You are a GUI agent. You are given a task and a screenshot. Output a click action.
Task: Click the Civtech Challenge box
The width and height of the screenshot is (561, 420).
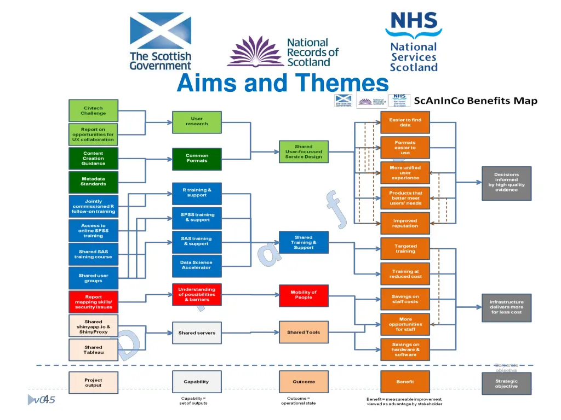tap(93, 110)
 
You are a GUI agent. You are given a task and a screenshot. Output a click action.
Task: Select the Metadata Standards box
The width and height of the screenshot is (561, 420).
tap(93, 182)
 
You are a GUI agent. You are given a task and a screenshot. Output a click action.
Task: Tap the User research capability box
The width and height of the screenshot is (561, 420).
tap(197, 121)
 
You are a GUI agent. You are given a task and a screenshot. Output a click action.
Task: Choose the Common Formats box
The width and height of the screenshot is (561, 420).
tap(197, 159)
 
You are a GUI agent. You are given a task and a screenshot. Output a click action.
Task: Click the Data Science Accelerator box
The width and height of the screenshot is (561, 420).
tap(196, 265)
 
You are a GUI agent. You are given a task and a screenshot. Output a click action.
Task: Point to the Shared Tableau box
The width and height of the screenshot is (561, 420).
tap(93, 350)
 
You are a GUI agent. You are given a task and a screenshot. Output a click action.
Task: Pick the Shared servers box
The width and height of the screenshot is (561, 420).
tap(197, 332)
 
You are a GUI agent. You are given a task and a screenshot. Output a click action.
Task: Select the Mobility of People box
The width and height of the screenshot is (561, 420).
tap(304, 295)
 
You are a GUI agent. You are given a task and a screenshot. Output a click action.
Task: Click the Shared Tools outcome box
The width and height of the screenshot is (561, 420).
tap(304, 332)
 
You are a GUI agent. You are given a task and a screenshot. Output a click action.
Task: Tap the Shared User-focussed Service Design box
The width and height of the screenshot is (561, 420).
tap(304, 151)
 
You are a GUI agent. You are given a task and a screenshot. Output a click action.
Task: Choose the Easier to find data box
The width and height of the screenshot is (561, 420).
tap(405, 122)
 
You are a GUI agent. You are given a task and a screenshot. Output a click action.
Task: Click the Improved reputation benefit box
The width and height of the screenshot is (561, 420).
tap(405, 224)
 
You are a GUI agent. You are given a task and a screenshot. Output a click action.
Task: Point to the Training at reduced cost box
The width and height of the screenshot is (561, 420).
tap(405, 274)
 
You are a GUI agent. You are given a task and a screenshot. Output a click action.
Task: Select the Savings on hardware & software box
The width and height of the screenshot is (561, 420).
tap(405, 349)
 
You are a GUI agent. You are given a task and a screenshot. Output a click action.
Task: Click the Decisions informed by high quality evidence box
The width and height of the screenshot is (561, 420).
tap(506, 183)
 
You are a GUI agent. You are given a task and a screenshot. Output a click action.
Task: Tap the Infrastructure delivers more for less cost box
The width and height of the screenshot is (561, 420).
tap(506, 307)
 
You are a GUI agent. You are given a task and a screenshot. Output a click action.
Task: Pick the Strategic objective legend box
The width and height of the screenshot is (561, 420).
tap(506, 384)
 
